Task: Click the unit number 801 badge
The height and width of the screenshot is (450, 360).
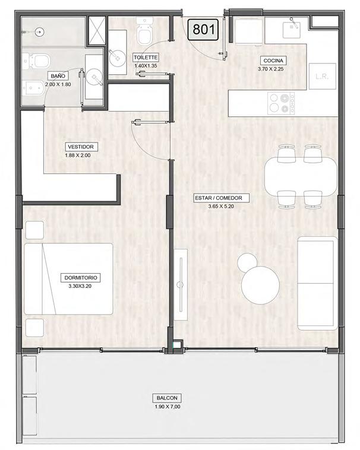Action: click(203, 30)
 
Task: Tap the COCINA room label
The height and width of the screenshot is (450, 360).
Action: click(273, 61)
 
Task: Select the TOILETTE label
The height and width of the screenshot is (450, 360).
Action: click(146, 58)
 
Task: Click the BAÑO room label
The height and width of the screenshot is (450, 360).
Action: click(58, 76)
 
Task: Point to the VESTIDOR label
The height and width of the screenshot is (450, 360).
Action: click(81, 147)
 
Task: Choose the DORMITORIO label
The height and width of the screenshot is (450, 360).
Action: click(81, 278)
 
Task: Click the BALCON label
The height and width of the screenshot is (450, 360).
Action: click(167, 398)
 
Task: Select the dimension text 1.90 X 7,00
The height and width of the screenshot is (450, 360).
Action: click(168, 407)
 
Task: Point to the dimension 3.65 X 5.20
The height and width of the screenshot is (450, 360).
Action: click(221, 207)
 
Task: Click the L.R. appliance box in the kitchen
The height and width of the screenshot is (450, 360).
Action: click(323, 77)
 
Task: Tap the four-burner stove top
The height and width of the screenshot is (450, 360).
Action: click(281, 103)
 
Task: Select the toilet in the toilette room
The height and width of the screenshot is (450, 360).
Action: click(144, 31)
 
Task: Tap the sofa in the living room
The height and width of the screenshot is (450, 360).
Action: click(317, 284)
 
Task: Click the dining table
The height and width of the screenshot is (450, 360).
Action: click(301, 176)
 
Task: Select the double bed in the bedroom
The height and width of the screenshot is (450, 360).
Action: click(68, 279)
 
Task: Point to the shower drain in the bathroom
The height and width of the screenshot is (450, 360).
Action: click(40, 32)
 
